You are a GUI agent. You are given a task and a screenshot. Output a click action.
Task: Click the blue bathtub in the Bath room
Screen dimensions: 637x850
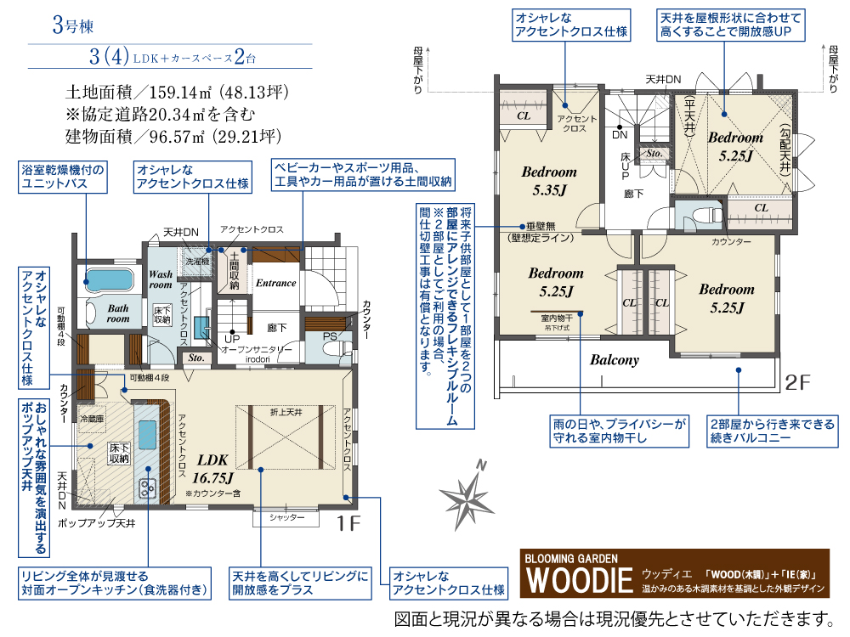tap(109, 279)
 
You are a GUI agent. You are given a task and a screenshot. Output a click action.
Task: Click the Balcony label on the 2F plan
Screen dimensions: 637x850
tap(614, 360)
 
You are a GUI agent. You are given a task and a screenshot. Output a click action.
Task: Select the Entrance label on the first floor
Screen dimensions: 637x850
tap(276, 283)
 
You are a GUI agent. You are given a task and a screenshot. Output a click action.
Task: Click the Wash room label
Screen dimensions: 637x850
tap(161, 280)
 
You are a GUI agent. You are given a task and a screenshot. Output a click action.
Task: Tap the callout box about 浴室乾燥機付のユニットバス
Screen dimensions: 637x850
tap(64, 177)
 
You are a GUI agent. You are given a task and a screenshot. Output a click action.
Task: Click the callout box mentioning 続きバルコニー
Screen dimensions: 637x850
tap(772, 431)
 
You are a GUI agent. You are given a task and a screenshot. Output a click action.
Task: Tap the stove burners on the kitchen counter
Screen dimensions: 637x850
tap(145, 488)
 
